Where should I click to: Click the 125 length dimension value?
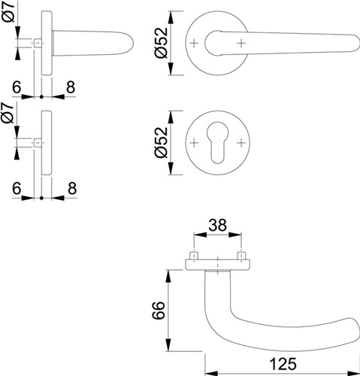pyautogui.click(x=283, y=364)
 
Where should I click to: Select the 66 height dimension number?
pyautogui.click(x=159, y=310)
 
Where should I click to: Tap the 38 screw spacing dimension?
pyautogui.click(x=218, y=225)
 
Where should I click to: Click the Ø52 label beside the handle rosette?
pyautogui.click(x=161, y=43)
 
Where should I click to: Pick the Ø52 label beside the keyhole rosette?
pyautogui.click(x=161, y=142)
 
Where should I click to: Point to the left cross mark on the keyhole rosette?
pyautogui.click(x=194, y=143)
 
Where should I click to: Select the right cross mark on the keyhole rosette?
pyautogui.click(x=241, y=143)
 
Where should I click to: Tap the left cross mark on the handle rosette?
pyautogui.click(x=194, y=44)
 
